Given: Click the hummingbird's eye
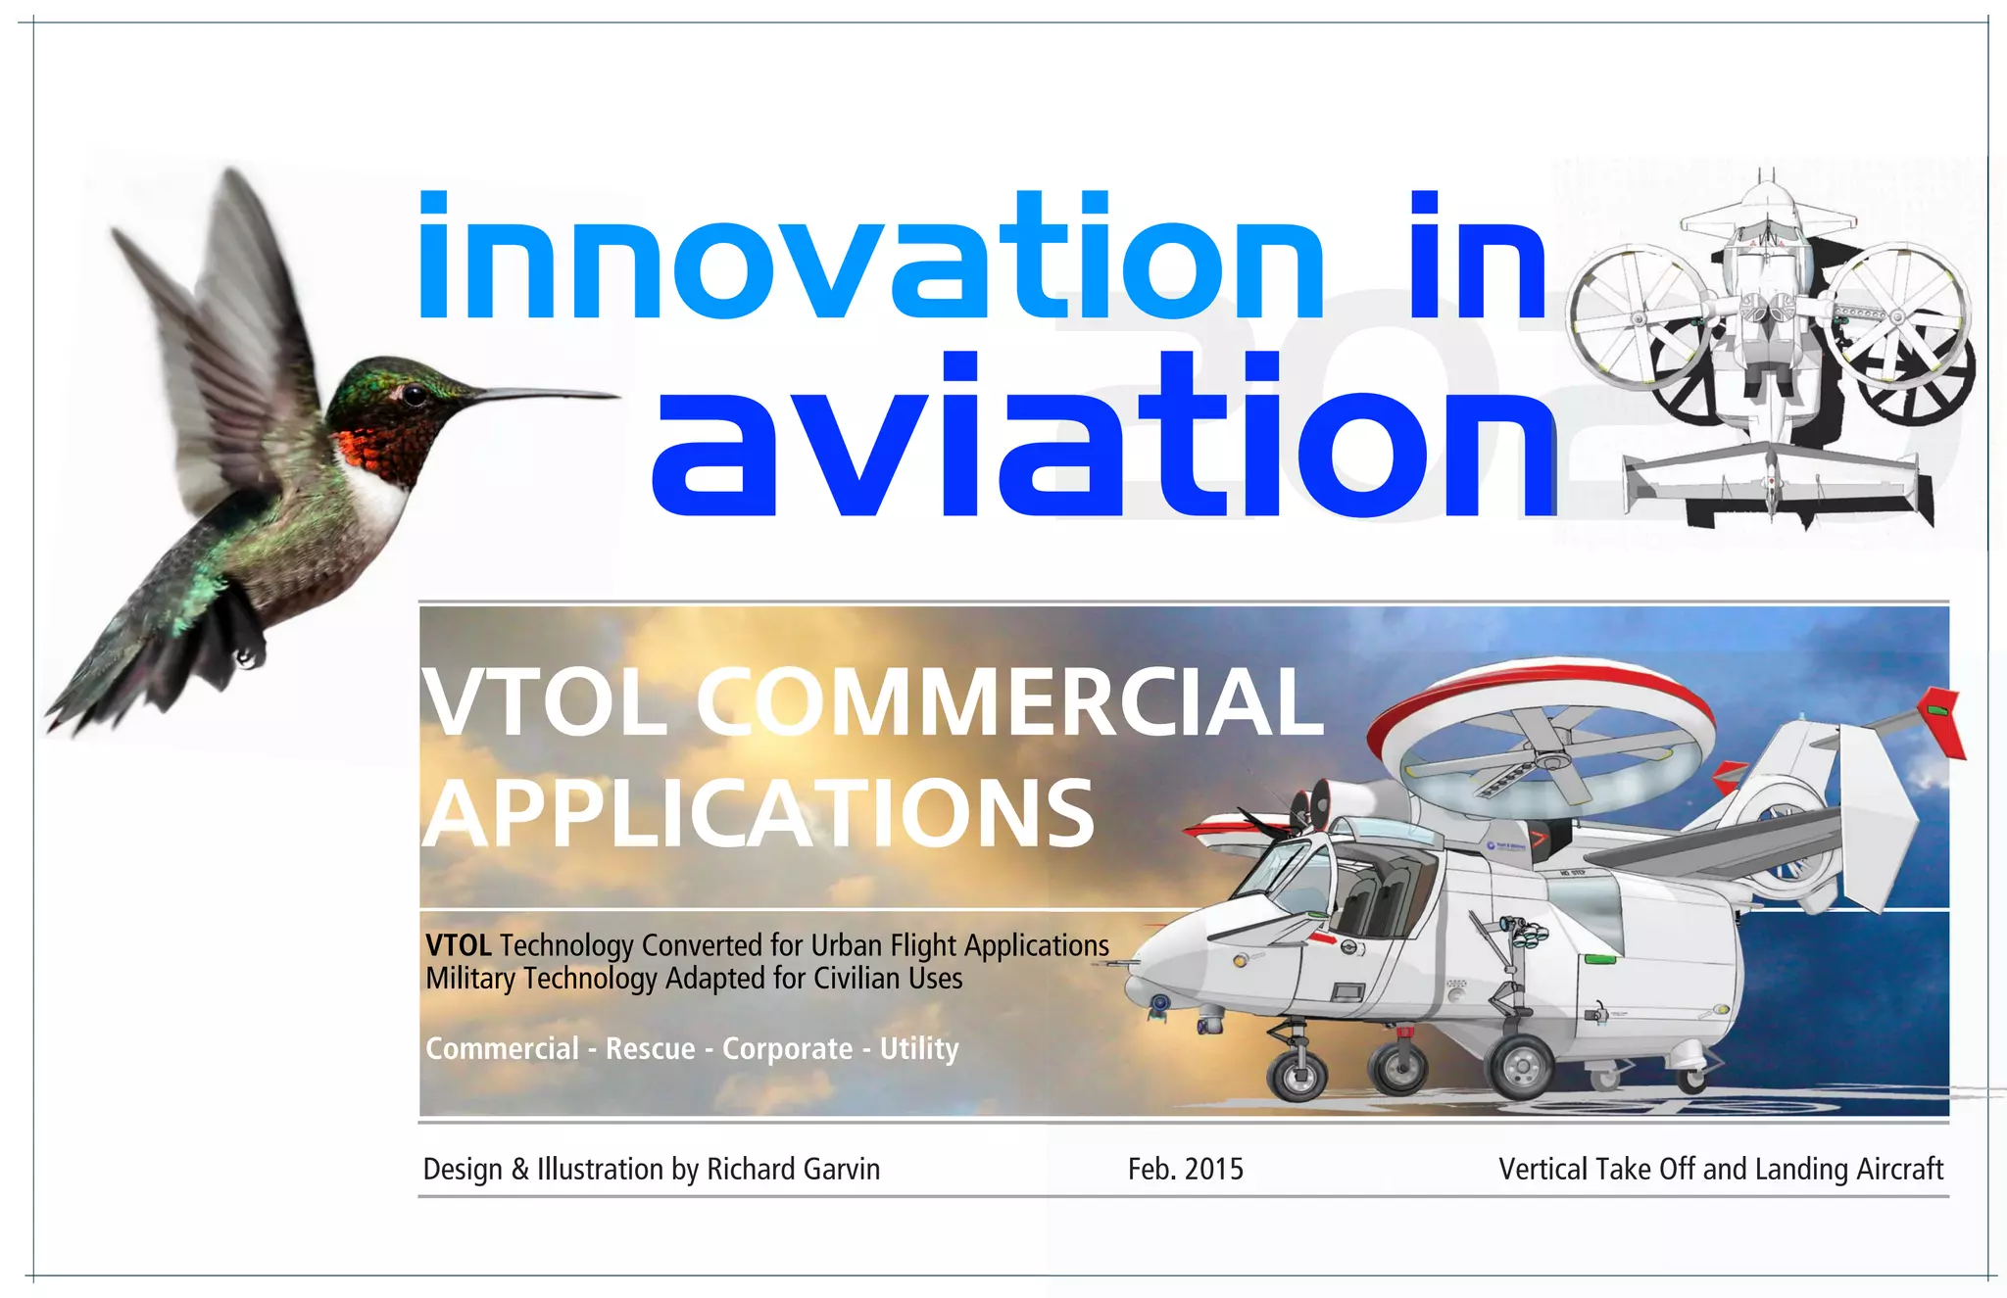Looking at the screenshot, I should pos(416,395).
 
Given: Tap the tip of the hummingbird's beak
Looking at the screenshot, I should pos(617,396).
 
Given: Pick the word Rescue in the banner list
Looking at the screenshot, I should pos(650,1049).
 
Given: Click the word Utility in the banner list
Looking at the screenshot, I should pos(919,1049).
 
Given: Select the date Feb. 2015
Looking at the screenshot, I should pos(1185,1170).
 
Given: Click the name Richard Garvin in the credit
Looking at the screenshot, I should pos(793,1170).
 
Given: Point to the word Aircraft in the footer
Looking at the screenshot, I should pos(1900,1170).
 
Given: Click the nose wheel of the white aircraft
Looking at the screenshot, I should pos(1297,1076).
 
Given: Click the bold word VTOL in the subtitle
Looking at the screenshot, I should pos(459,945).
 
